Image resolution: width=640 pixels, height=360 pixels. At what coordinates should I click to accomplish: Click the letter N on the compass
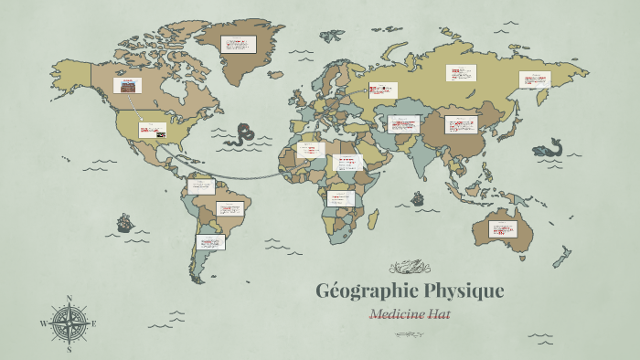pos(69,299)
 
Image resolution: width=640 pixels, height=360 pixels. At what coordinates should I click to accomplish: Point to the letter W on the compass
pos(43,323)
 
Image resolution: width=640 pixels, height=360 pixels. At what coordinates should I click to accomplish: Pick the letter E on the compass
pos(94,323)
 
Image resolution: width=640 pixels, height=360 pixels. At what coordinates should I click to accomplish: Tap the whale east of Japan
pos(549,147)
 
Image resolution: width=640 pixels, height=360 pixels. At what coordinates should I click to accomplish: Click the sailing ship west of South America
pos(123,222)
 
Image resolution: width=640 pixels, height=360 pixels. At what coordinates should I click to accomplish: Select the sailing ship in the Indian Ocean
pos(418,197)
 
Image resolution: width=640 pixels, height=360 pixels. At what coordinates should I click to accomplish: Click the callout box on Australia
pos(503,228)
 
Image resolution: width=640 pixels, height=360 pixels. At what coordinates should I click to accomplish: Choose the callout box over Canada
pos(127,85)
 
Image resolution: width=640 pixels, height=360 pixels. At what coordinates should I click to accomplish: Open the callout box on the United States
pos(153,130)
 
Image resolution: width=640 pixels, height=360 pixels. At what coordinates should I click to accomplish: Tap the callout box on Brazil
pos(230,207)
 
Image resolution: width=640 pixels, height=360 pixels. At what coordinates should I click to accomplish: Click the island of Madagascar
pos(373,219)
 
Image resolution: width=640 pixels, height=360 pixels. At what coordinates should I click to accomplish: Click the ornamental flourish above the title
pos(409,267)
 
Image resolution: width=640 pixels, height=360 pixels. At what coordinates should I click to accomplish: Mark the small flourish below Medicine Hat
pos(409,334)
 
